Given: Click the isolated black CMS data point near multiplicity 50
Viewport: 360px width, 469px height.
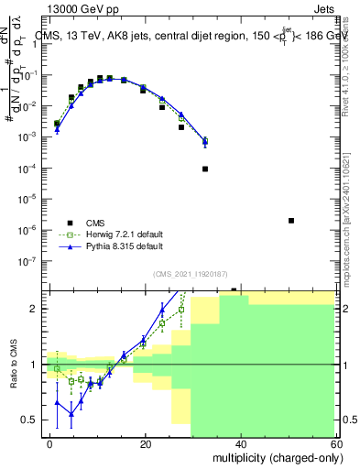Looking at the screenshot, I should [x=290, y=221].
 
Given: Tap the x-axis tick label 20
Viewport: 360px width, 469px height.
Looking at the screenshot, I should [x=145, y=442].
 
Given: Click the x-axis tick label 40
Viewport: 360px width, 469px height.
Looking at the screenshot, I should [x=240, y=442].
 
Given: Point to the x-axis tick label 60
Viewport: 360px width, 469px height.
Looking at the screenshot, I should [x=333, y=442].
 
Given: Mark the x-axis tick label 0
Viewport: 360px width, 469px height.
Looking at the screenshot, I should [x=50, y=442].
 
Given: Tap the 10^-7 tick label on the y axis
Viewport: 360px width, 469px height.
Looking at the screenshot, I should [x=32, y=260].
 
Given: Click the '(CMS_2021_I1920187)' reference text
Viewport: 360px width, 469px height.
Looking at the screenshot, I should [x=191, y=273].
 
